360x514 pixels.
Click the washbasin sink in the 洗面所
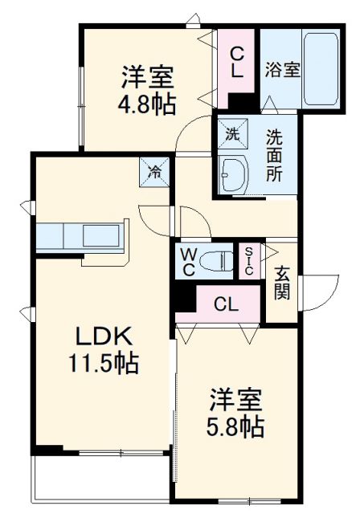tap(234, 171)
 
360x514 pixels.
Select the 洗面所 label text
tap(275, 154)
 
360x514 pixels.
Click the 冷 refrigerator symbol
tap(156, 171)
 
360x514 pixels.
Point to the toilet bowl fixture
tap(220, 260)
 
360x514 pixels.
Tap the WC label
tap(187, 260)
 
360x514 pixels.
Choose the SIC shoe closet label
tap(248, 260)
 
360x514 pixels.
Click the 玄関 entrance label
tap(282, 282)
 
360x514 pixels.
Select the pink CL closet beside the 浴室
tap(238, 63)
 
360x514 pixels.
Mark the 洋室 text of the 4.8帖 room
tap(148, 78)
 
